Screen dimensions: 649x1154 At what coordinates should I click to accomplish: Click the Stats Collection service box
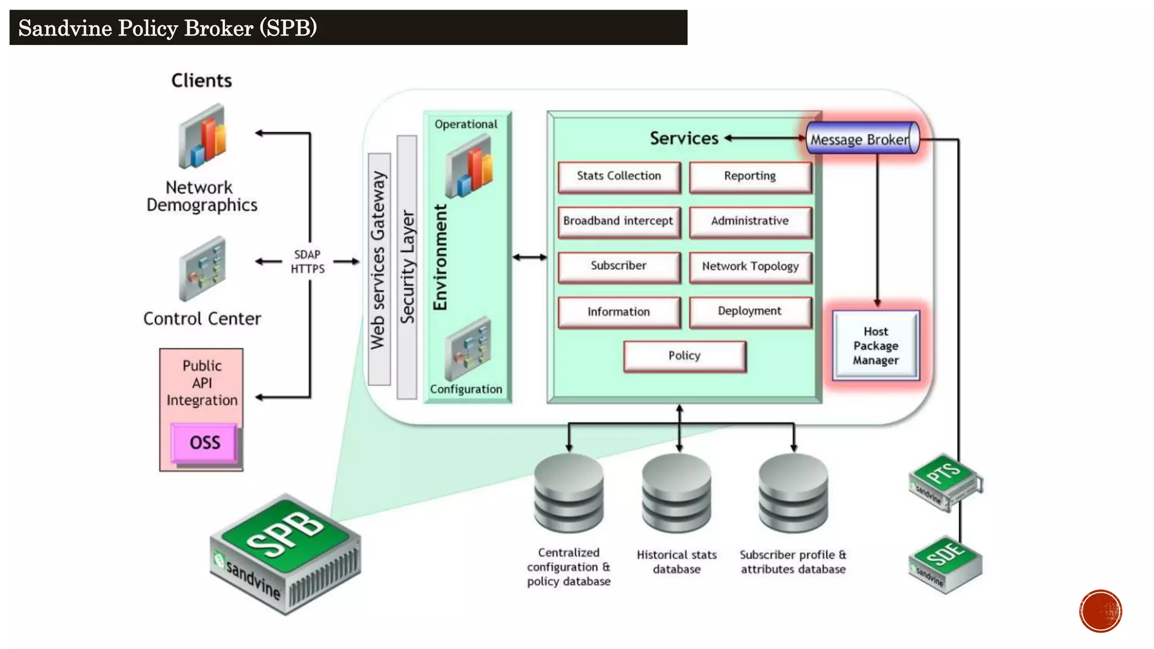point(619,177)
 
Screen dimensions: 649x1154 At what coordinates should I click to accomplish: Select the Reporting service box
point(750,177)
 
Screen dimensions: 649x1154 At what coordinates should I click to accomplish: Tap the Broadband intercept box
point(619,222)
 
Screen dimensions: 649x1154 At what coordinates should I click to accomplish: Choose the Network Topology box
point(750,267)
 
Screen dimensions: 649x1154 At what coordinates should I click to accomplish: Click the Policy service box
point(685,356)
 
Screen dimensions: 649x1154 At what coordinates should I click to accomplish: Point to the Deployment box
point(750,312)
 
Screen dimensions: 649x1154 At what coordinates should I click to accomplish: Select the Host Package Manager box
point(876,346)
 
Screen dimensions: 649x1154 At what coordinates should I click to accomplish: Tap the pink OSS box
point(204,443)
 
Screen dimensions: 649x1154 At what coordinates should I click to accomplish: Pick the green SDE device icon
point(946,563)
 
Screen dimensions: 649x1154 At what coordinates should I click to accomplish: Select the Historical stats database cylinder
point(677,494)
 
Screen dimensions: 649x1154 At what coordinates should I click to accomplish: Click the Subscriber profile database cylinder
point(793,494)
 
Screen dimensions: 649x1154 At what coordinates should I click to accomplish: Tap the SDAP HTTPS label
point(308,262)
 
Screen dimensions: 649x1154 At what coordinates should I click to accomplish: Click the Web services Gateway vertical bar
point(379,269)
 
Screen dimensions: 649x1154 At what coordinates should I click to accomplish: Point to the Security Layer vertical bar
point(407,267)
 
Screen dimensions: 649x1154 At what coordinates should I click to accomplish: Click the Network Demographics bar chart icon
point(203,137)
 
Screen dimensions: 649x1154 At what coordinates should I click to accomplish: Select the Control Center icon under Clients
point(202,269)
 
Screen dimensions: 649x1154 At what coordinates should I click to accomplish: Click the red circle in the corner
point(1100,611)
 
